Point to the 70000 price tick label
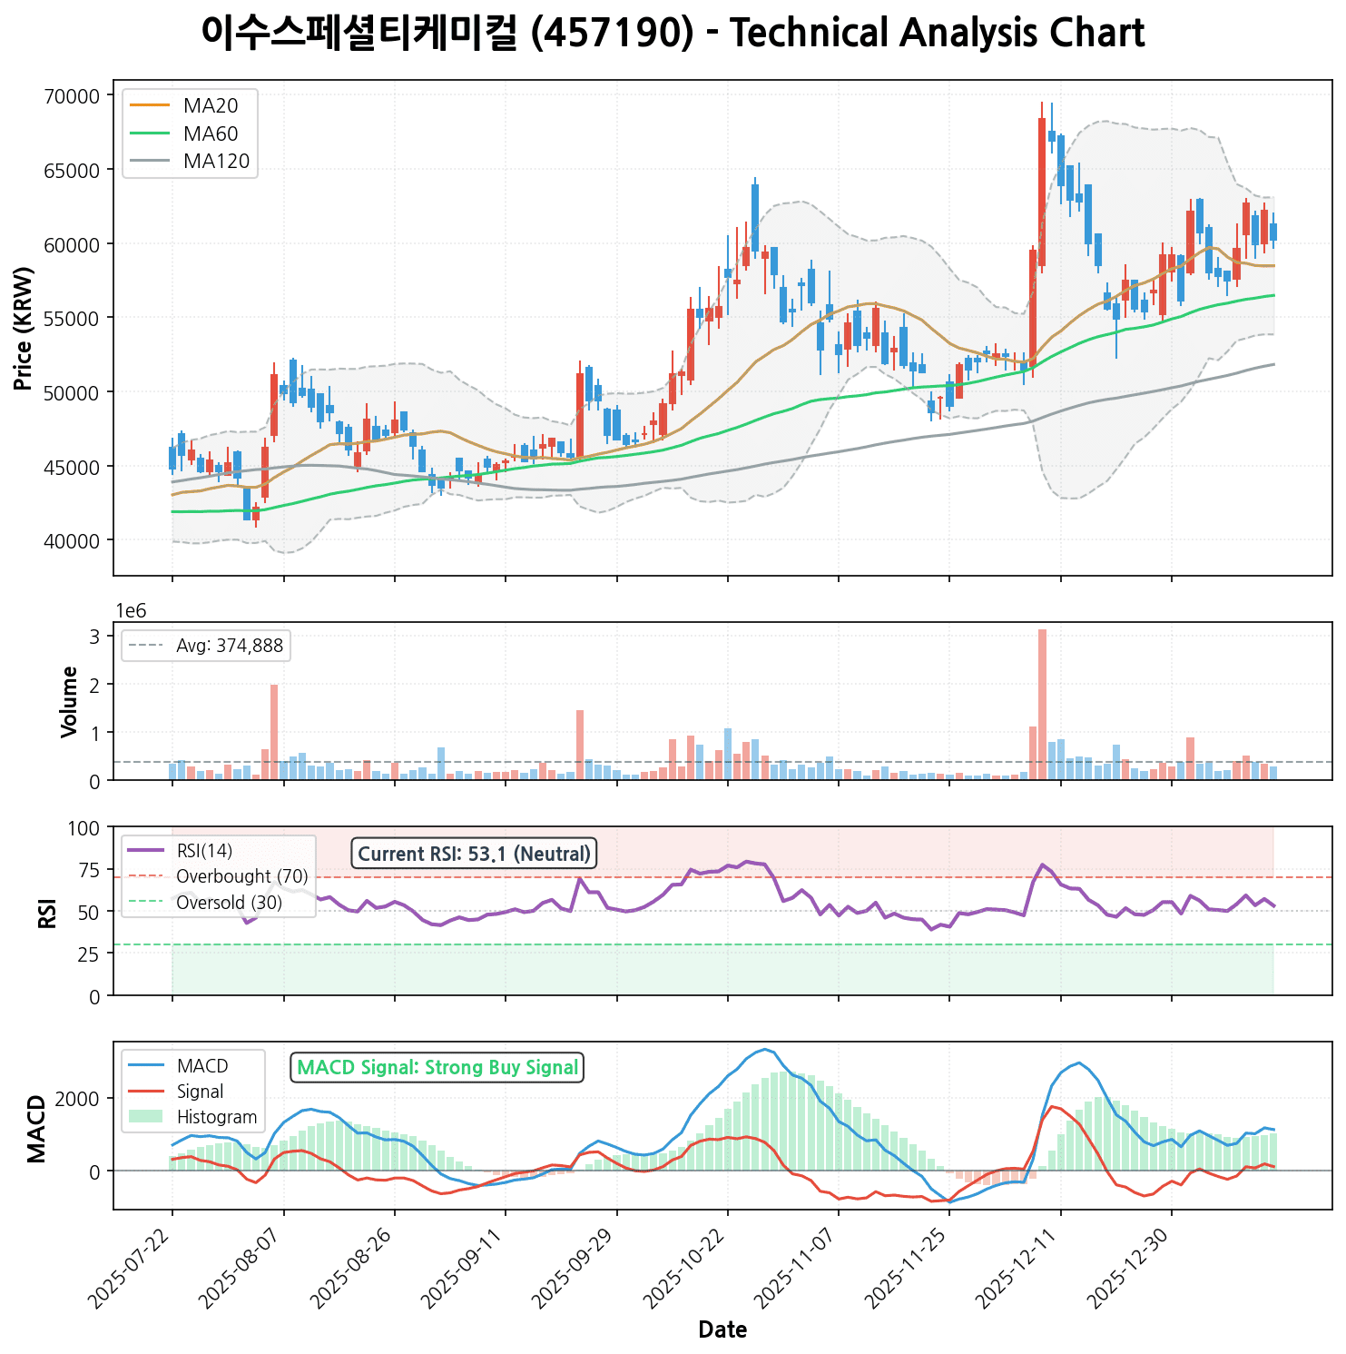click(x=72, y=96)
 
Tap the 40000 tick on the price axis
click(x=72, y=541)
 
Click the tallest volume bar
click(x=1042, y=704)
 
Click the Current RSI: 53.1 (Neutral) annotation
click(x=474, y=854)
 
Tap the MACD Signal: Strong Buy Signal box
click(x=437, y=1067)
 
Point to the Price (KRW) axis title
click(x=25, y=328)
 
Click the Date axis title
click(x=722, y=1330)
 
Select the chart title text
click(x=673, y=34)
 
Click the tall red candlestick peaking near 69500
click(x=1042, y=191)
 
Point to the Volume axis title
click(x=69, y=701)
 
